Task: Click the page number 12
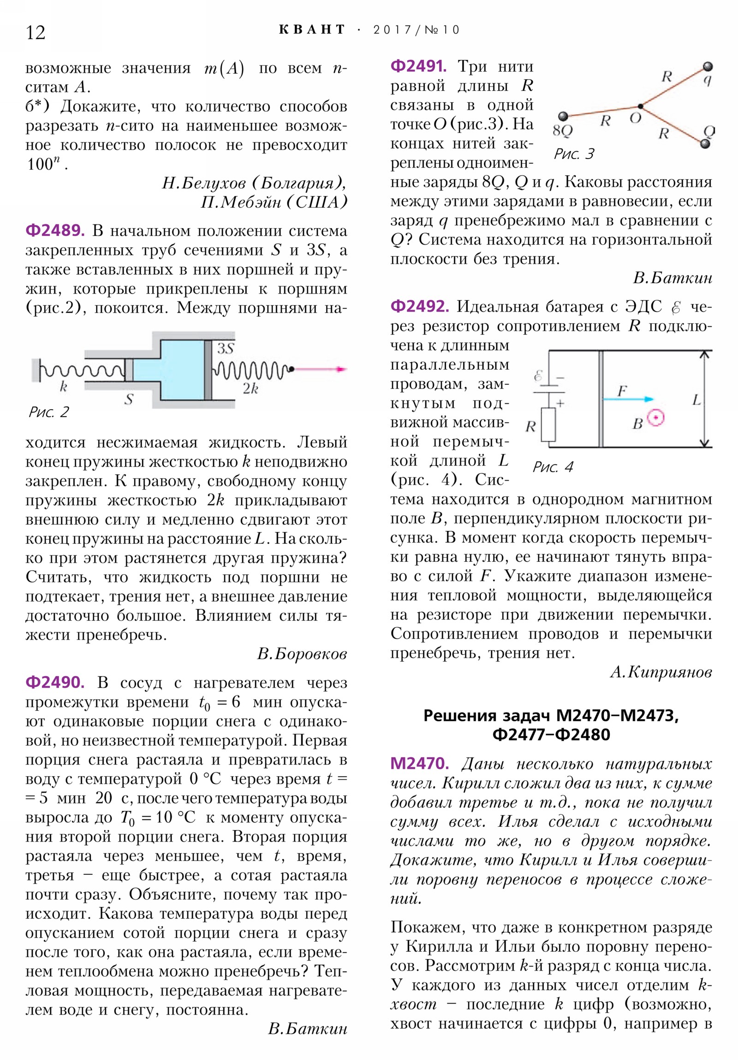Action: point(36,33)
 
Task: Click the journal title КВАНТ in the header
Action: point(312,30)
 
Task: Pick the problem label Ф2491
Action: point(418,66)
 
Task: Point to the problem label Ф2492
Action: point(420,306)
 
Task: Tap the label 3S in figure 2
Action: point(226,348)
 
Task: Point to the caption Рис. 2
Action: point(49,412)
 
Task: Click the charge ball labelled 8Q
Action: point(562,116)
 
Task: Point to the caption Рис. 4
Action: point(553,467)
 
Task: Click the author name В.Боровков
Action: point(302,654)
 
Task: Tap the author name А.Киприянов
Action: point(661,672)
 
